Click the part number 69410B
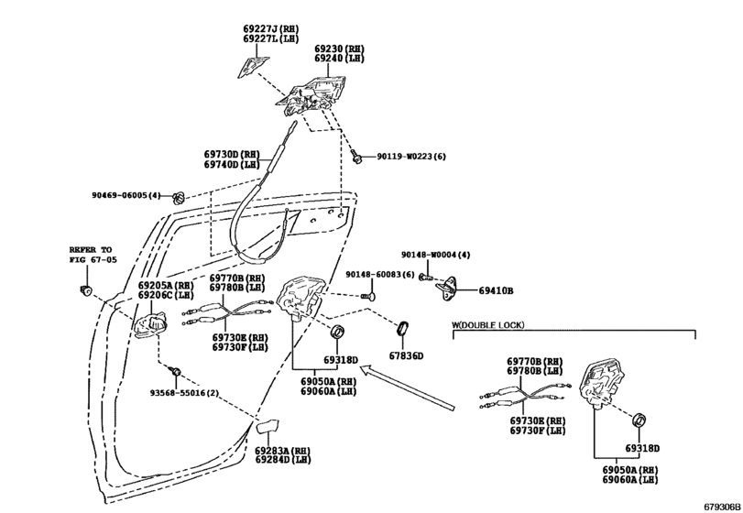pyautogui.click(x=496, y=290)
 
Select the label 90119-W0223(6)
pyautogui.click(x=411, y=157)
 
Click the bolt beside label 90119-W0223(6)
pyautogui.click(x=355, y=156)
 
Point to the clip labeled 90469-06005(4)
pyautogui.click(x=179, y=198)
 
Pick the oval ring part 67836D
pyautogui.click(x=403, y=327)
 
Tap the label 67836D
pyautogui.click(x=406, y=355)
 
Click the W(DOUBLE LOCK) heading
pyautogui.click(x=487, y=325)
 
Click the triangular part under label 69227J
pyautogui.click(x=252, y=66)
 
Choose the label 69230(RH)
pyautogui.click(x=339, y=49)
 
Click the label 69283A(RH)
pyautogui.click(x=282, y=451)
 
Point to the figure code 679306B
pyautogui.click(x=722, y=507)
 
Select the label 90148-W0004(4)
pyautogui.click(x=436, y=255)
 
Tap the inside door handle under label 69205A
pyautogui.click(x=149, y=325)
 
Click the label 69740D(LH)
pyautogui.click(x=232, y=164)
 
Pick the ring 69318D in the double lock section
pyautogui.click(x=640, y=420)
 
